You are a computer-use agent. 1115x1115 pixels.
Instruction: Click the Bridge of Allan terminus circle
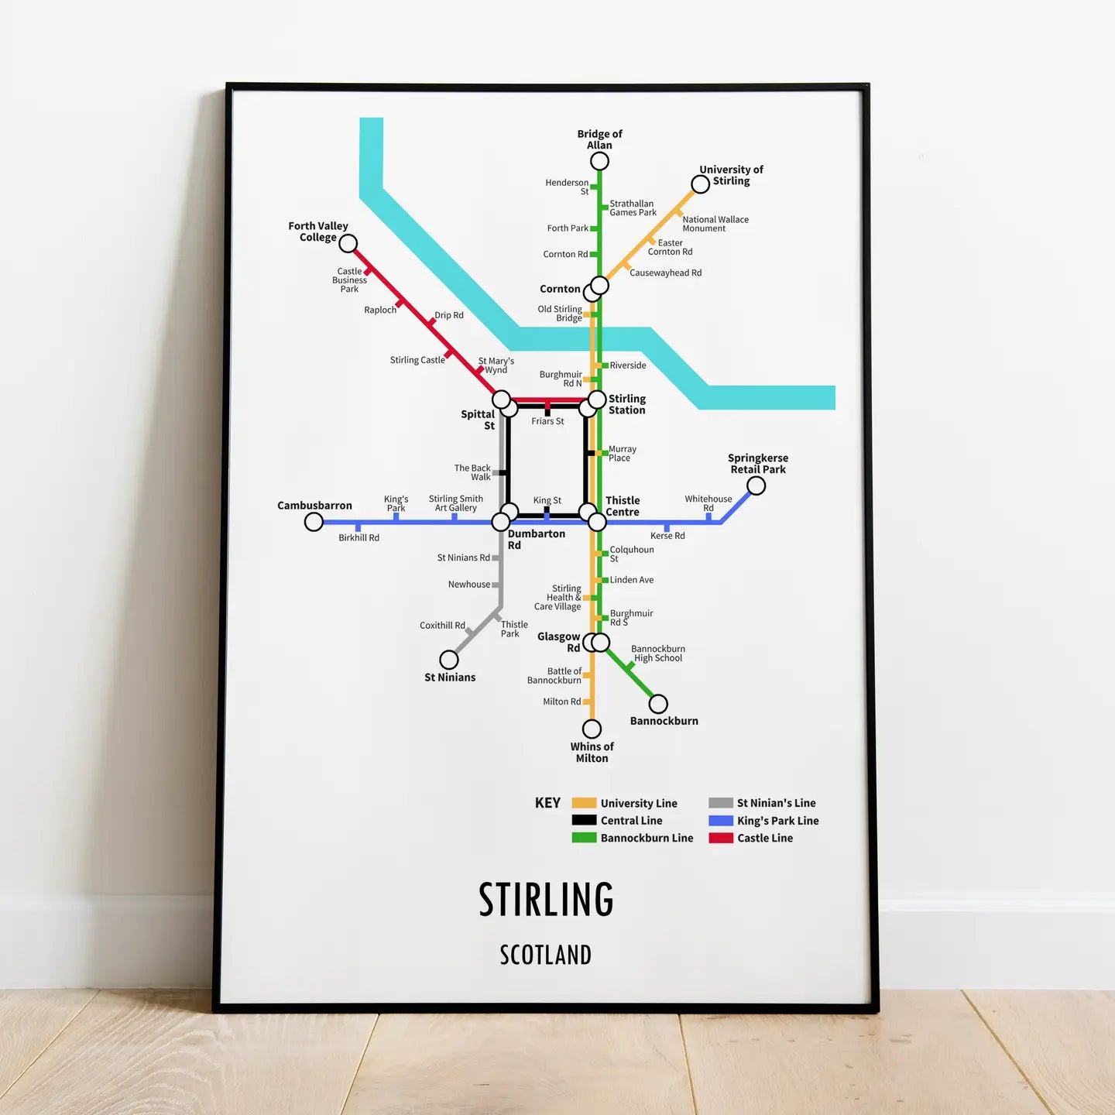click(x=599, y=161)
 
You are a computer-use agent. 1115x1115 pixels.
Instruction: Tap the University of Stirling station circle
click(x=700, y=184)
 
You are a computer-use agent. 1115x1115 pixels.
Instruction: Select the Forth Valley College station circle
click(x=348, y=244)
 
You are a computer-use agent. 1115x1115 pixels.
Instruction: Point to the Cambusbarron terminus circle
click(x=314, y=522)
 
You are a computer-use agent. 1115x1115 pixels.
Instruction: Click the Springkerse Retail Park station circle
click(x=756, y=485)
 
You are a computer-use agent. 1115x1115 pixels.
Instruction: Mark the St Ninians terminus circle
click(x=449, y=660)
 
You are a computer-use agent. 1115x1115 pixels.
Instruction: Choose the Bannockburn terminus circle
click(x=658, y=704)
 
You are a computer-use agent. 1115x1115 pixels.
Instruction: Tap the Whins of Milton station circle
click(x=592, y=729)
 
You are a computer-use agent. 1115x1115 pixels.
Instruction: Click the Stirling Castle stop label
click(x=417, y=360)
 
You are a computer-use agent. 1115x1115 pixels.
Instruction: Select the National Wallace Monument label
click(x=715, y=224)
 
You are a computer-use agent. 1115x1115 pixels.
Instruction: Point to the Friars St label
click(x=547, y=421)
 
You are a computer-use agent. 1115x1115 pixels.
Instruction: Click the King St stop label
click(x=547, y=500)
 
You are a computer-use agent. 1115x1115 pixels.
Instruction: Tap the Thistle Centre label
click(x=623, y=506)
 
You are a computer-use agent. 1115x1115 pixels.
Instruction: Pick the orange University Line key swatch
click(x=584, y=803)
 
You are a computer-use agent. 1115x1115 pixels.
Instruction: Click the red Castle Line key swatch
click(x=721, y=838)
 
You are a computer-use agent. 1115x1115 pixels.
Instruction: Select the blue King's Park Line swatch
click(x=721, y=821)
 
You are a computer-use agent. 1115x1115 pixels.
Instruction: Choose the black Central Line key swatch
click(x=584, y=821)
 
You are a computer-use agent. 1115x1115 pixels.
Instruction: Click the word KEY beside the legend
click(x=547, y=803)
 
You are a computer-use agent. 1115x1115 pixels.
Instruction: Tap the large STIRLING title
click(x=546, y=900)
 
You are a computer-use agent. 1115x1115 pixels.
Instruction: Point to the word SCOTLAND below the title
click(x=546, y=955)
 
